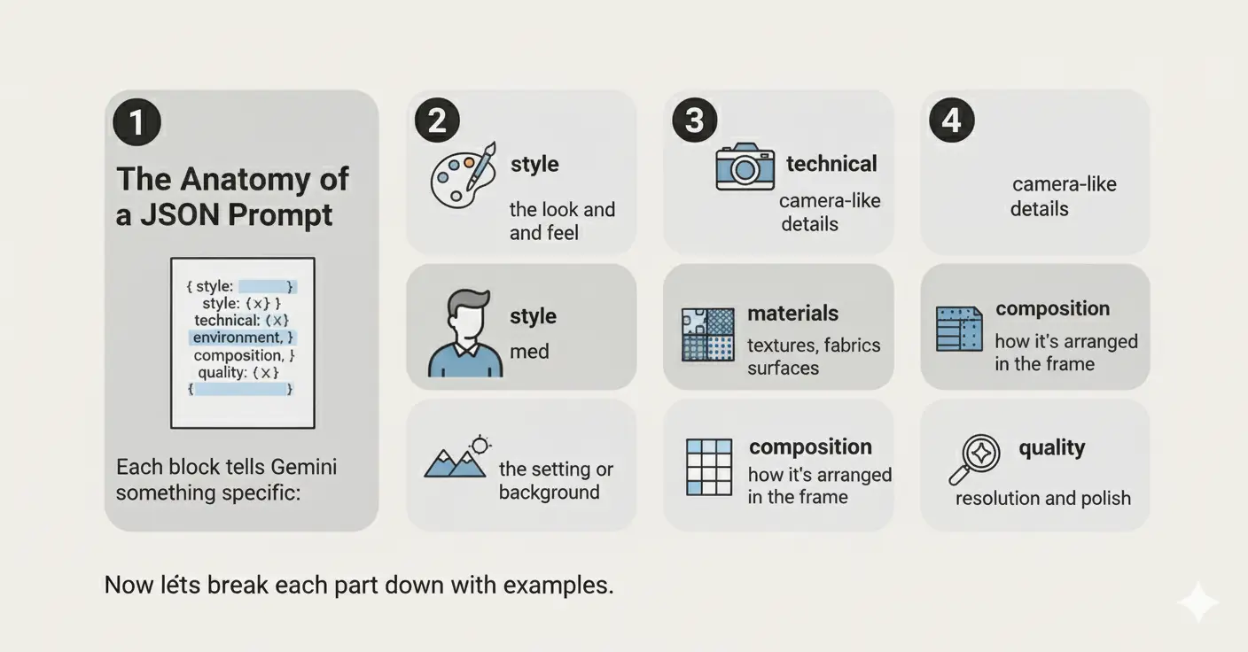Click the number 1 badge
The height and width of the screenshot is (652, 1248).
click(137, 122)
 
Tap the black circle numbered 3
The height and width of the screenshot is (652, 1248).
click(694, 120)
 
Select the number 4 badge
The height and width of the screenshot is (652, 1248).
click(952, 120)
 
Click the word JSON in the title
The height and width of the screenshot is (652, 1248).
click(180, 215)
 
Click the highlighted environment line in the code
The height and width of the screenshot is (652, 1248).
click(243, 338)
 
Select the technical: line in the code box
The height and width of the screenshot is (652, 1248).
click(241, 320)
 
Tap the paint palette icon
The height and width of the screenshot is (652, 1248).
click(463, 175)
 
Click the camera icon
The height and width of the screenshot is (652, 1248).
click(745, 167)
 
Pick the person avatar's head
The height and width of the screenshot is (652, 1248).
click(468, 314)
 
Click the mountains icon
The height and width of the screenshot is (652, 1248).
click(456, 456)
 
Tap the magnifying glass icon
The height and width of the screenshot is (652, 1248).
click(975, 460)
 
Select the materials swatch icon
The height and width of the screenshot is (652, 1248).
click(707, 335)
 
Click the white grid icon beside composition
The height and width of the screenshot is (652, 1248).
click(709, 467)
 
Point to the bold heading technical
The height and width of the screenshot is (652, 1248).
click(831, 164)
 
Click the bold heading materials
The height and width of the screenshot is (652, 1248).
click(792, 313)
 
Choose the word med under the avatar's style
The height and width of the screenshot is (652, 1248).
click(529, 352)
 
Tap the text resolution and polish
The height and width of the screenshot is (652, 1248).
click(1043, 498)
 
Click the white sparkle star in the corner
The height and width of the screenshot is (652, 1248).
click(1197, 602)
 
